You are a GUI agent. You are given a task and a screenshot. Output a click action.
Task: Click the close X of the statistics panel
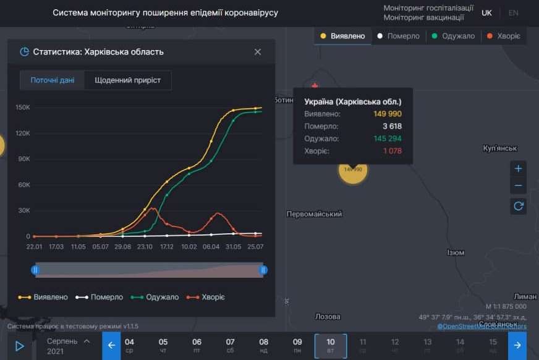click(258, 52)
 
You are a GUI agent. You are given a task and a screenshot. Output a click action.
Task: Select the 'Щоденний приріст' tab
click(128, 80)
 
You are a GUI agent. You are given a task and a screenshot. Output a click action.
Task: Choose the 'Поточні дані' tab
click(53, 80)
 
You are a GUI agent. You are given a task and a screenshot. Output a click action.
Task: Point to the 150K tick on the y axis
click(23, 108)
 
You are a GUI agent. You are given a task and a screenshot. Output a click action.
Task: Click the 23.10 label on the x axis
click(145, 246)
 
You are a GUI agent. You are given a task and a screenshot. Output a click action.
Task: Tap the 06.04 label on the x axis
click(211, 246)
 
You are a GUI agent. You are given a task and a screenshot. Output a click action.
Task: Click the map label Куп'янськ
click(499, 148)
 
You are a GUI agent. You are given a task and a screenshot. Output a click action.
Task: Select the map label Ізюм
click(456, 252)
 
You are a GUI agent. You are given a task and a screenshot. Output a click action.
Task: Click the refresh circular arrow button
click(518, 206)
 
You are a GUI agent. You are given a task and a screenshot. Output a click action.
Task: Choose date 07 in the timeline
click(230, 345)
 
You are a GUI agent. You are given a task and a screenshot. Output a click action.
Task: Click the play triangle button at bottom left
click(19, 346)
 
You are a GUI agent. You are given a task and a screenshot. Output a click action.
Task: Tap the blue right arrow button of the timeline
click(517, 345)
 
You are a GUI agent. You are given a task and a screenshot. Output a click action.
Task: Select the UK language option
click(486, 13)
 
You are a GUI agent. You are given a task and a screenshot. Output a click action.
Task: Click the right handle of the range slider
click(263, 270)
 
